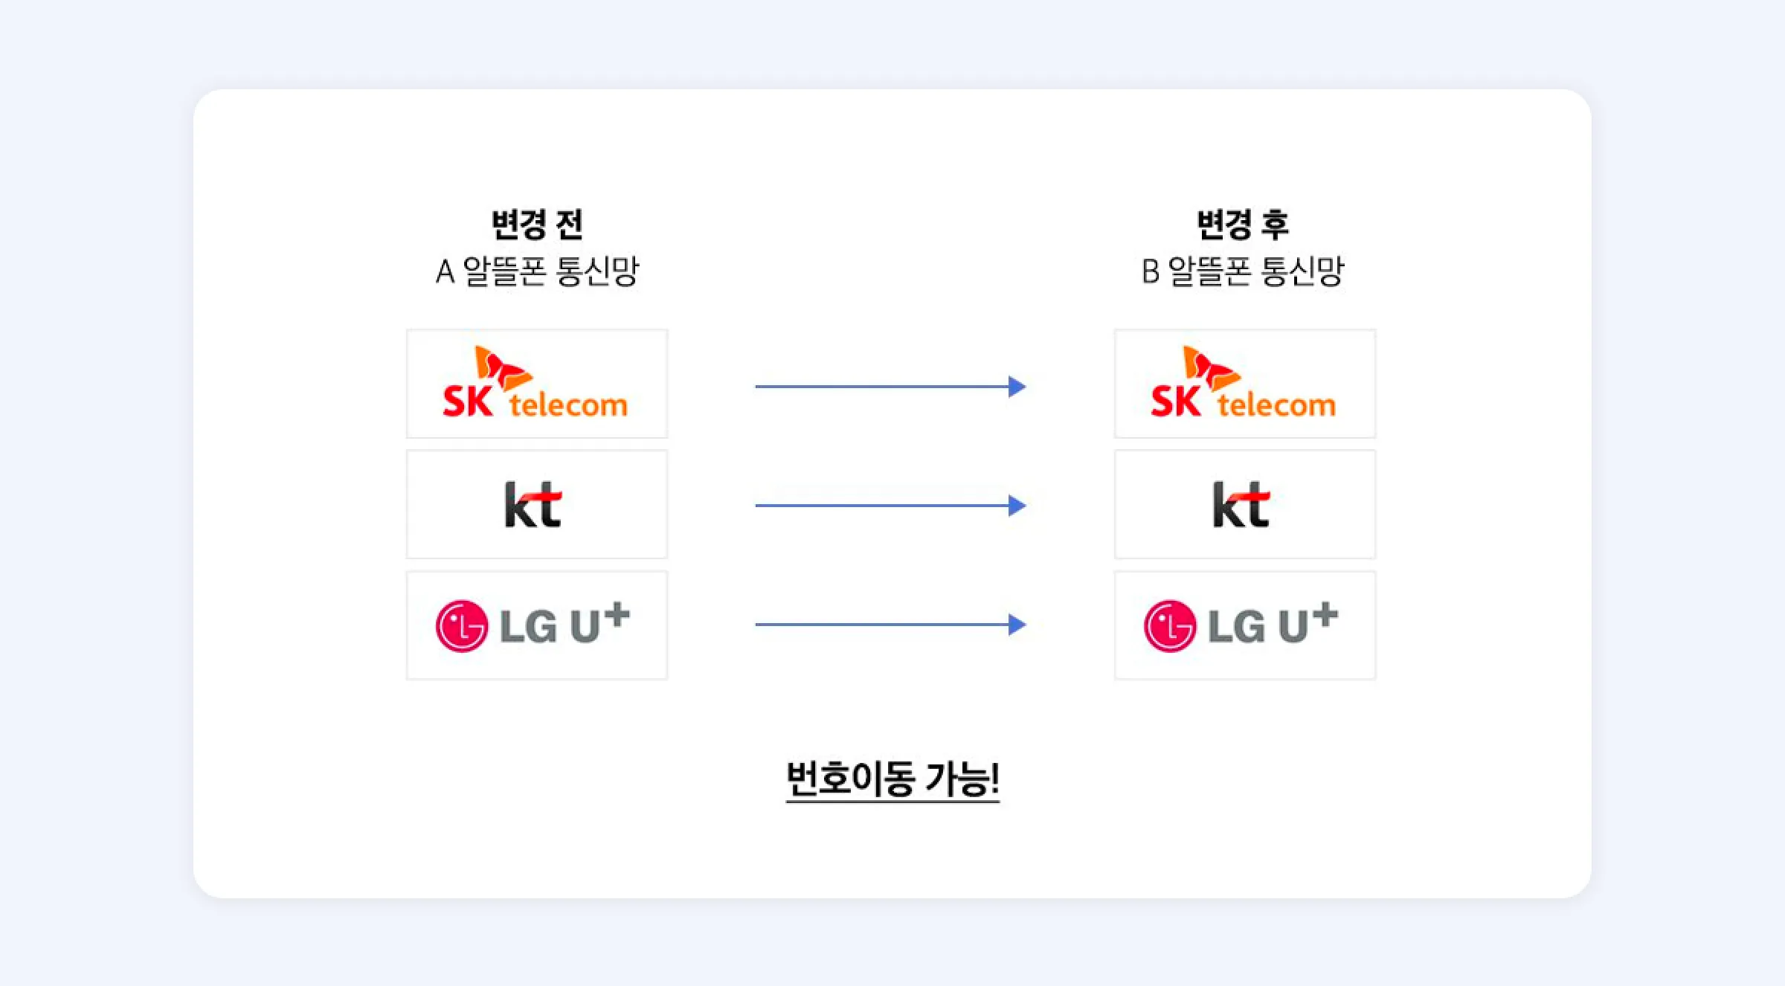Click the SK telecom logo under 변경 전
[x=536, y=384]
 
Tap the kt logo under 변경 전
[x=533, y=505]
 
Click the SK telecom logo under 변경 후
[x=1244, y=384]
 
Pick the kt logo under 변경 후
[x=1241, y=505]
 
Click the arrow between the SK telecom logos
[x=890, y=387]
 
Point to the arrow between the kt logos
[x=890, y=506]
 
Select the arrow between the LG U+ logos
[x=890, y=625]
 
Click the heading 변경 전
[x=537, y=224]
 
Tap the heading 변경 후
[x=1243, y=224]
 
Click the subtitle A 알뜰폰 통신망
[x=537, y=271]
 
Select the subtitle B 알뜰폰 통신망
[x=1243, y=271]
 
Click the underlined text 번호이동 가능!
[x=892, y=779]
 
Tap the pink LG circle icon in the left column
[x=462, y=626]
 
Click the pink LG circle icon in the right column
[x=1170, y=626]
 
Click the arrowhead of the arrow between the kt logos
[x=1017, y=506]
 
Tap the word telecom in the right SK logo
[x=1276, y=405]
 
